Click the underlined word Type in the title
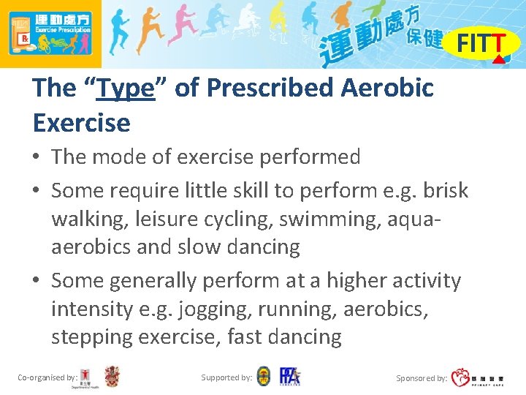tap(126, 89)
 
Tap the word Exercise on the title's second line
tap(81, 122)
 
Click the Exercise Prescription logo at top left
tap(50, 34)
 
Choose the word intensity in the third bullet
tap(92, 309)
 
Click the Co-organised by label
tap(47, 377)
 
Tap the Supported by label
tap(226, 377)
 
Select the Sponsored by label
tap(422, 378)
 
